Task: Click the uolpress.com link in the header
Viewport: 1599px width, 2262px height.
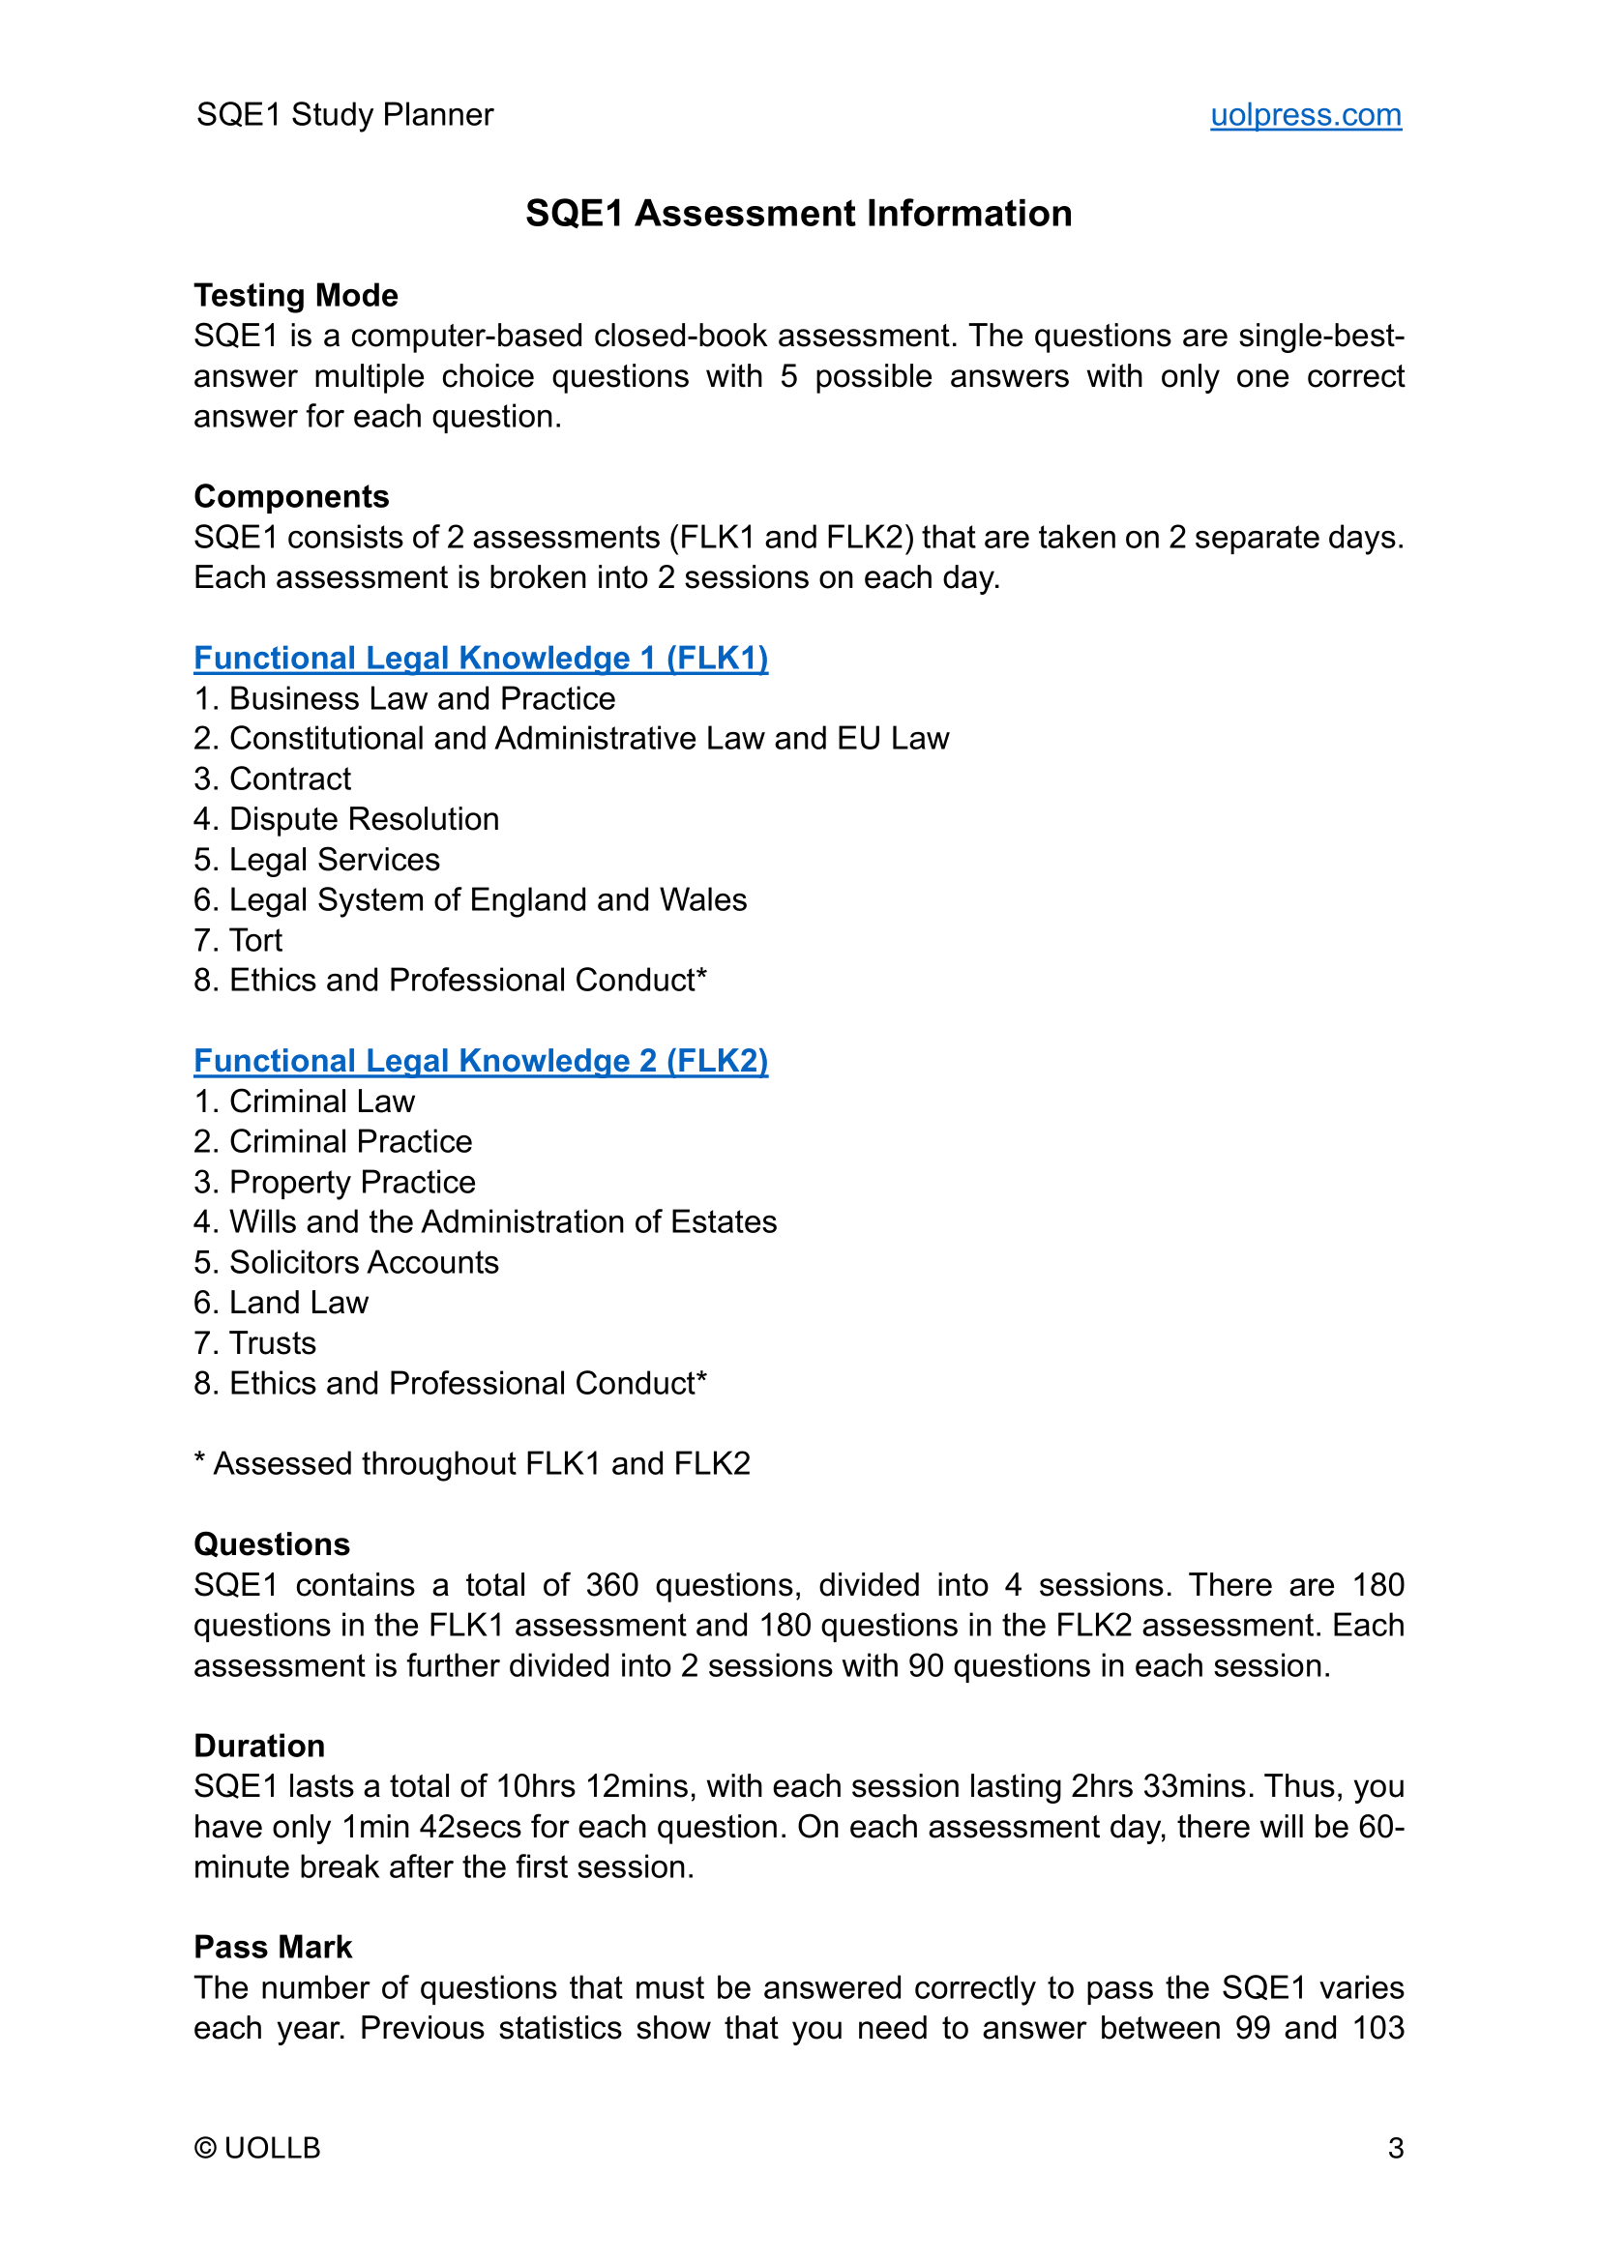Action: (x=1304, y=115)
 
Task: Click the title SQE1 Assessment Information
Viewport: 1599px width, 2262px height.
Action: (x=798, y=213)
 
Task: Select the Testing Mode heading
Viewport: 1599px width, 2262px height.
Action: (x=296, y=296)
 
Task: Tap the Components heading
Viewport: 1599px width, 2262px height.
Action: (x=290, y=496)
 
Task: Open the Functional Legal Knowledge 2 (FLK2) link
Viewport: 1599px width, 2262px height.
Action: (x=481, y=1060)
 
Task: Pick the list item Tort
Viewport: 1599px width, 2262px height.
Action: (x=255, y=940)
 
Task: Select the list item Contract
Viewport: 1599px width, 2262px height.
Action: (x=289, y=778)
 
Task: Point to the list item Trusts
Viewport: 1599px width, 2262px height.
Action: (x=272, y=1343)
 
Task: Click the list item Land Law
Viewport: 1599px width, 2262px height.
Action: (x=299, y=1303)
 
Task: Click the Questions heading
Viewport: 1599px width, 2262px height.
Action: (x=272, y=1543)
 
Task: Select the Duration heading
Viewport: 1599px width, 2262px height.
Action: (x=259, y=1746)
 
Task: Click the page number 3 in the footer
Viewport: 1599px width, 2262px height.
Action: (x=1395, y=2148)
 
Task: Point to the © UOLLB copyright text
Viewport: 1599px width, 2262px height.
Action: (x=257, y=2148)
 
